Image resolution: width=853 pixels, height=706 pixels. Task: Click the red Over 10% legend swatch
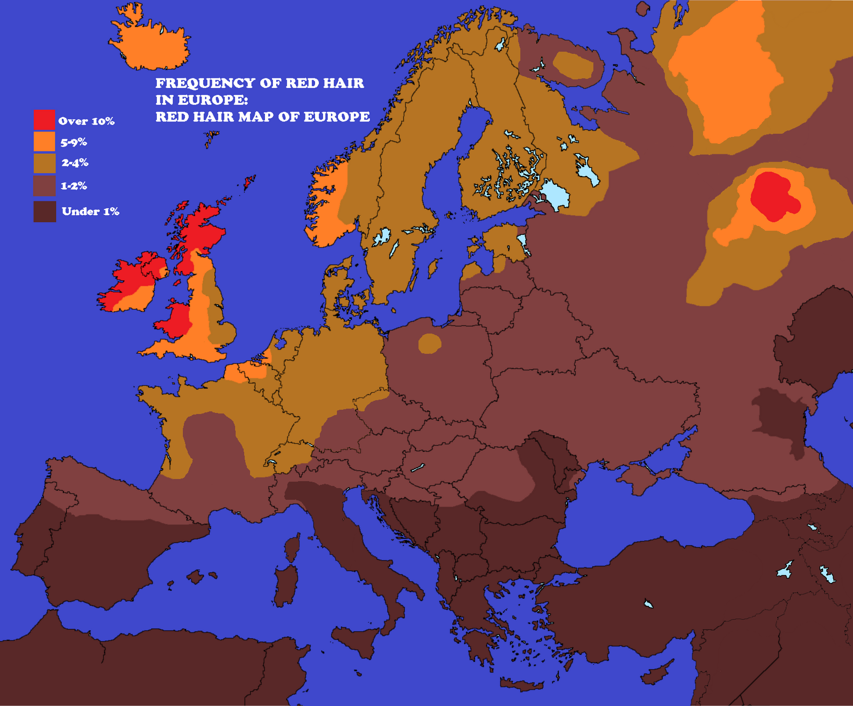point(44,120)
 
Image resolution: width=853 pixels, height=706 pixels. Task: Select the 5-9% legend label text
point(74,142)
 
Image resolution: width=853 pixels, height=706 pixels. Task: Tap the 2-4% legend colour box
point(44,163)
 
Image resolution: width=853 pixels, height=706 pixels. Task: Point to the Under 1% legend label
point(90,212)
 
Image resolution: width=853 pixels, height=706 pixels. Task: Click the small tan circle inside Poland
point(429,344)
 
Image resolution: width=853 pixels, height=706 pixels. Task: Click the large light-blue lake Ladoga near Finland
point(555,194)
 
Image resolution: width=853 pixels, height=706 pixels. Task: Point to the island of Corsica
point(292,549)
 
